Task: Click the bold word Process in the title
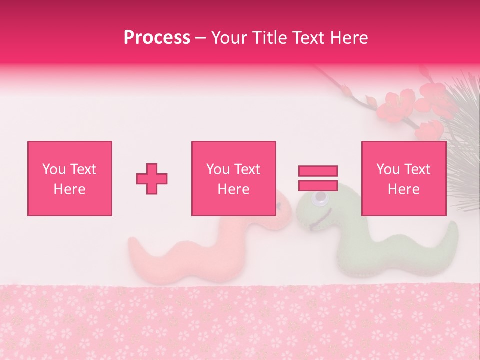coord(157,38)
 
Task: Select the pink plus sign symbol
coord(152,178)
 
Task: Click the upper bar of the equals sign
coord(318,171)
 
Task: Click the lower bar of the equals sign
coord(318,185)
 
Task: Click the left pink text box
coord(70,178)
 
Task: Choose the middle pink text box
coord(233,178)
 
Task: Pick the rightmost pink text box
coord(403,178)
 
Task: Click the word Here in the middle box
coord(233,189)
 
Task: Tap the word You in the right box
coord(388,169)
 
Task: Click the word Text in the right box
coord(417,169)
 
